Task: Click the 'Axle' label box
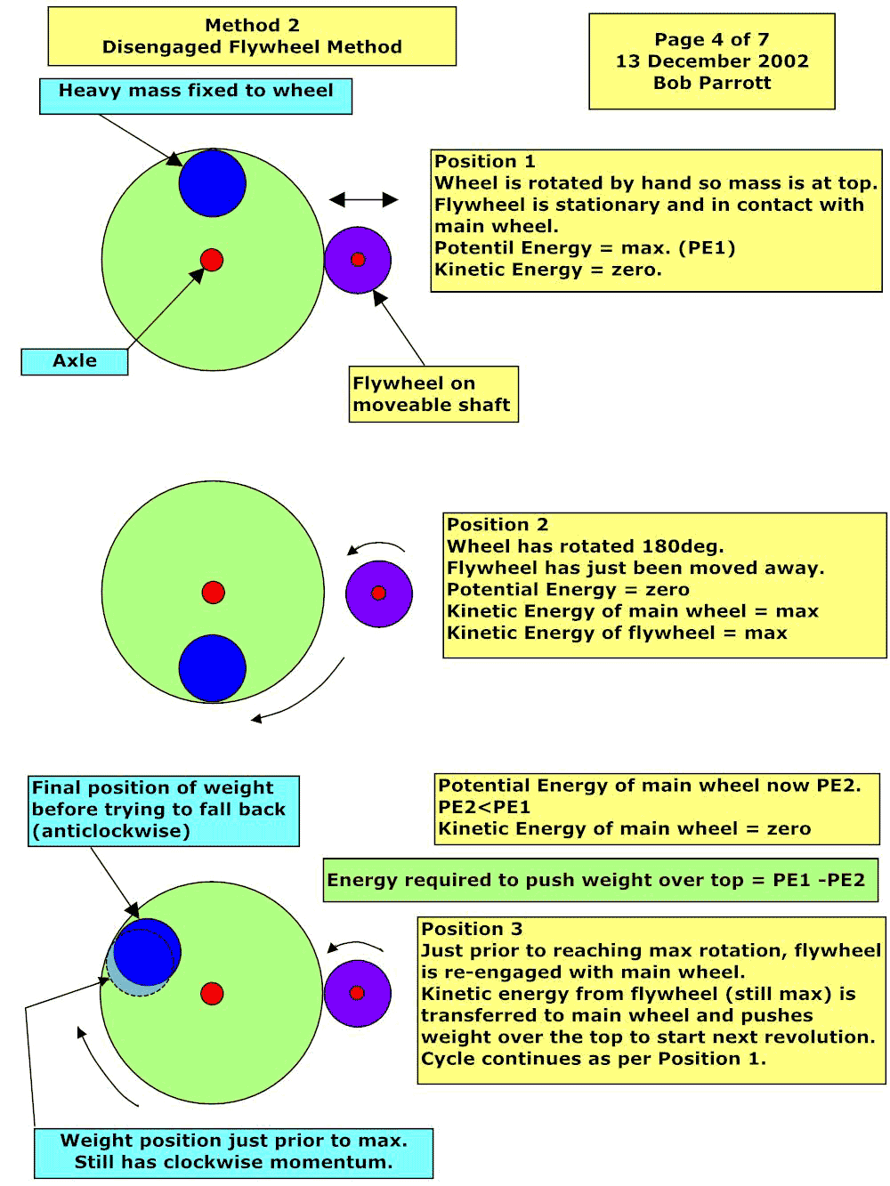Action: point(75,361)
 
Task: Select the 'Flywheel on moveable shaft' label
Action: point(433,394)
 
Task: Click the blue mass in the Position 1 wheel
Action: point(213,183)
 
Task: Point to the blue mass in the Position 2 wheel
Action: point(213,668)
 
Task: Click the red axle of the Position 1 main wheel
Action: point(212,260)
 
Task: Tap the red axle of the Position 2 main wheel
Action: point(214,593)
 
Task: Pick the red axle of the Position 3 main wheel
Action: point(212,993)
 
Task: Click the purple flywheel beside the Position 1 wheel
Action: point(358,260)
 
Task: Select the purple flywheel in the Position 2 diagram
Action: point(379,593)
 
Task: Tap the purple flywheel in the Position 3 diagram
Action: point(357,993)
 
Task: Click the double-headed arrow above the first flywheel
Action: point(364,199)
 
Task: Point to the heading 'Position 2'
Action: point(498,524)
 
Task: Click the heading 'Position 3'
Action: point(472,928)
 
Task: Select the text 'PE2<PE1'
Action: point(484,807)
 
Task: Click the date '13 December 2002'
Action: point(712,61)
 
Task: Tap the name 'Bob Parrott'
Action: point(712,83)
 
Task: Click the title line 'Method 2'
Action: point(252,25)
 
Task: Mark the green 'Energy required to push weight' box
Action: point(601,880)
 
